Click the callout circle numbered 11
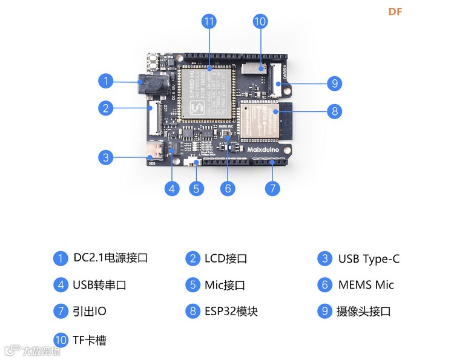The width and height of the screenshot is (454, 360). tap(209, 22)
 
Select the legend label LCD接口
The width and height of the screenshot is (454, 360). tap(225, 259)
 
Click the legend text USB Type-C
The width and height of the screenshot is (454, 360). tap(369, 259)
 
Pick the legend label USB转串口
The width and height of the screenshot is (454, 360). tap(99, 285)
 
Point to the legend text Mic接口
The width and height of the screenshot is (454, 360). tap(225, 285)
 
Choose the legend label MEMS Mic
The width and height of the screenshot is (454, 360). tap(366, 285)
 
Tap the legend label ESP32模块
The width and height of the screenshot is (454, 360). tap(231, 312)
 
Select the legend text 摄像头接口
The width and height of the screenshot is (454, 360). tap(363, 312)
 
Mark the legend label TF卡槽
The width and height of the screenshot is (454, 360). tap(90, 340)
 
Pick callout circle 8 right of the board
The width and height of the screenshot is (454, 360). tap(334, 111)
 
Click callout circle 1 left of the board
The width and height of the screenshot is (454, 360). tap(106, 80)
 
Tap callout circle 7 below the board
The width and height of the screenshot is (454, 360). tap(272, 188)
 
